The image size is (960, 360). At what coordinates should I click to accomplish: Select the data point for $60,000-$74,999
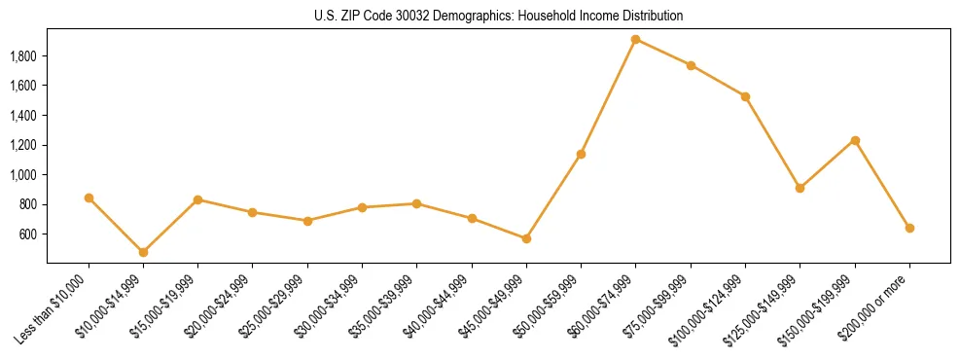tap(635, 40)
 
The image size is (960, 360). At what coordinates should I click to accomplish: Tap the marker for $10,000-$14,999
tap(143, 252)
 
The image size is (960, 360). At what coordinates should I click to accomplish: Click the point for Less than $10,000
tap(89, 198)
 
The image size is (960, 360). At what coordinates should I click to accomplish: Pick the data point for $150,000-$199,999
tap(855, 140)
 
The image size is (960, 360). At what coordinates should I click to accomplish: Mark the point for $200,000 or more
tap(909, 228)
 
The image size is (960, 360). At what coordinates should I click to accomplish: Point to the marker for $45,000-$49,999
tap(526, 238)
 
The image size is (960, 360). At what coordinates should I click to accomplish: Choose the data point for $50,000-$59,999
tap(581, 154)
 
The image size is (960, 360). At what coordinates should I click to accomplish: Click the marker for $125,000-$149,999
tap(800, 188)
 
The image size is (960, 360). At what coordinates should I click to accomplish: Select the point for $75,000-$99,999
tap(691, 65)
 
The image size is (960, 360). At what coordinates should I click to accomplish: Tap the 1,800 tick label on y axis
tap(22, 56)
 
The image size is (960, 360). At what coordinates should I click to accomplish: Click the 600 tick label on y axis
tap(27, 234)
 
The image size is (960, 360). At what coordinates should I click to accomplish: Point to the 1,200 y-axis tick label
tap(22, 145)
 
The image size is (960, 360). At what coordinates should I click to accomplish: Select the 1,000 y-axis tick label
tap(22, 175)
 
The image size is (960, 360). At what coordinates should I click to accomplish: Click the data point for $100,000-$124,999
tap(745, 96)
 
